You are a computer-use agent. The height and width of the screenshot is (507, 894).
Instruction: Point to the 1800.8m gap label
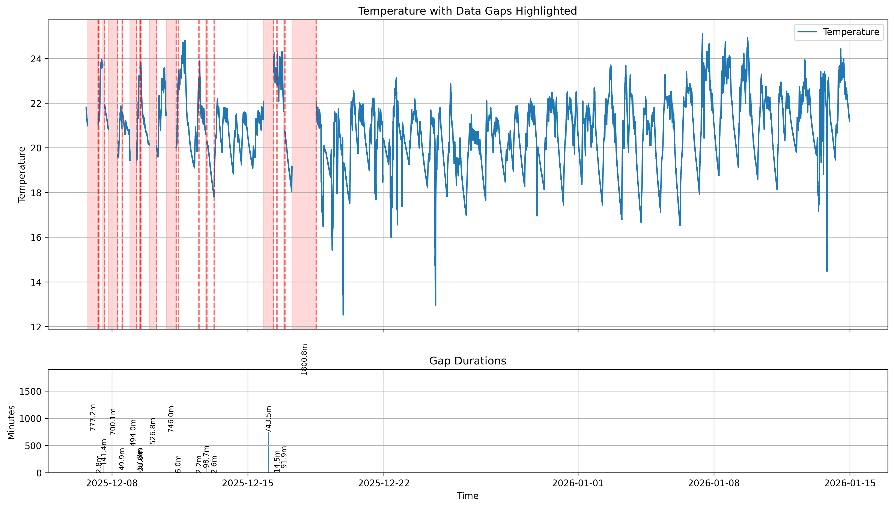pyautogui.click(x=304, y=359)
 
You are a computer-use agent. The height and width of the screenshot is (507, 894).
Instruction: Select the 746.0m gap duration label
pyautogui.click(x=171, y=419)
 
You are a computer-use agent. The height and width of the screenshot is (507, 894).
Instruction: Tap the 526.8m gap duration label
pyautogui.click(x=153, y=431)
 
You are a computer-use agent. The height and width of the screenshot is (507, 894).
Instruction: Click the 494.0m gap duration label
pyautogui.click(x=133, y=433)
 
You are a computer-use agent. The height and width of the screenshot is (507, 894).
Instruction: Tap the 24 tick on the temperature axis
pyautogui.click(x=36, y=59)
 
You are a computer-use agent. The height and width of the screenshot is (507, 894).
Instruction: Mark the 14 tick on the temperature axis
pyautogui.click(x=36, y=282)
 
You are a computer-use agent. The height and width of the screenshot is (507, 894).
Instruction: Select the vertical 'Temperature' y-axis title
pyautogui.click(x=22, y=174)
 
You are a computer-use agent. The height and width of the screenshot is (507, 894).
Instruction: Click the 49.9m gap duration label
pyautogui.click(x=122, y=459)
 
